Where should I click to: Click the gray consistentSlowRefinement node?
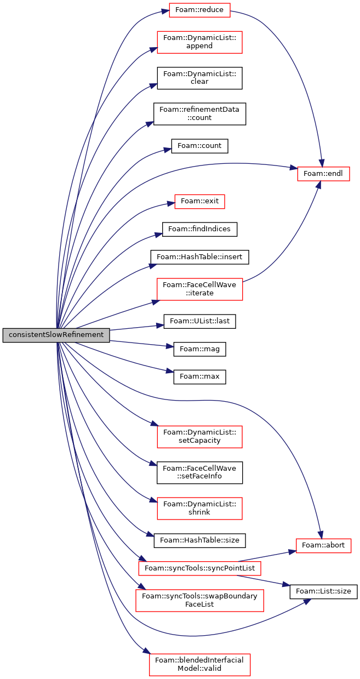pyautogui.click(x=56, y=335)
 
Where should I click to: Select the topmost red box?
pyautogui.click(x=199, y=10)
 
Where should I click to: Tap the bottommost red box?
pyautogui.click(x=199, y=664)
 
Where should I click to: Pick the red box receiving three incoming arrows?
pyautogui.click(x=323, y=174)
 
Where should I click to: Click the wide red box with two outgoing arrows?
pyautogui.click(x=199, y=568)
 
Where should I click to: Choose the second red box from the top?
pyautogui.click(x=199, y=42)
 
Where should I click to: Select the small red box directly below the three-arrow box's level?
pyautogui.click(x=199, y=202)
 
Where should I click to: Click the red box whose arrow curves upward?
pyautogui.click(x=199, y=289)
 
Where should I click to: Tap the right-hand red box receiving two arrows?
pyautogui.click(x=323, y=546)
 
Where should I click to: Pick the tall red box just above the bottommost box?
pyautogui.click(x=199, y=601)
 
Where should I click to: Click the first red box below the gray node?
pyautogui.click(x=199, y=437)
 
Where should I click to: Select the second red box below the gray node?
pyautogui.click(x=199, y=509)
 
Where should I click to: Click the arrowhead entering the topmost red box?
pyautogui.click(x=165, y=11)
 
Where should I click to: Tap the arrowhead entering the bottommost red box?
pyautogui.click(x=146, y=651)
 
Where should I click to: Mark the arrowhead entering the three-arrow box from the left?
pyautogui.click(x=293, y=168)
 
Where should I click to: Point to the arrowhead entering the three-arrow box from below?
pyautogui.click(x=318, y=185)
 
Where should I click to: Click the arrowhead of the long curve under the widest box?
pyautogui.click(x=307, y=601)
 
